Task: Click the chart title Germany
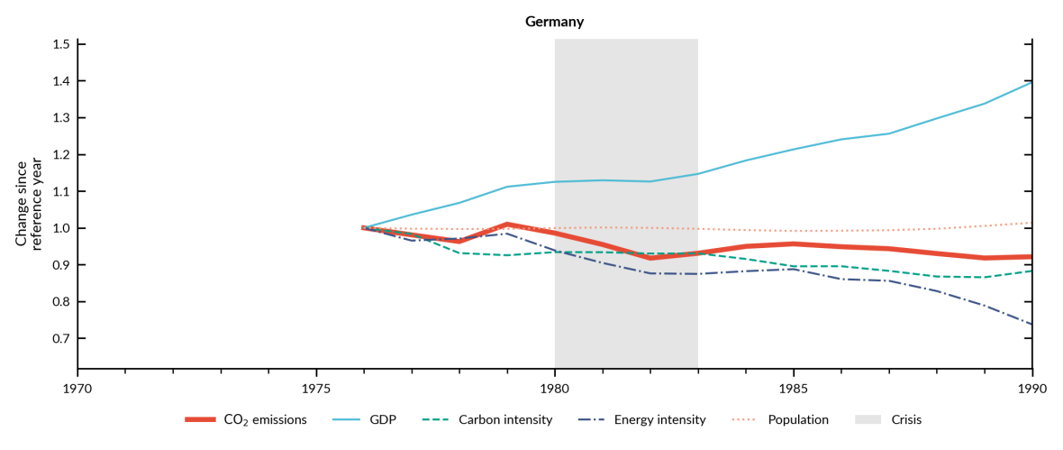coord(554,22)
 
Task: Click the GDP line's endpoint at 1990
coord(1031,82)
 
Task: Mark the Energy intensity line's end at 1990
coord(1031,324)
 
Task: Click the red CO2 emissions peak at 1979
coord(507,224)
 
